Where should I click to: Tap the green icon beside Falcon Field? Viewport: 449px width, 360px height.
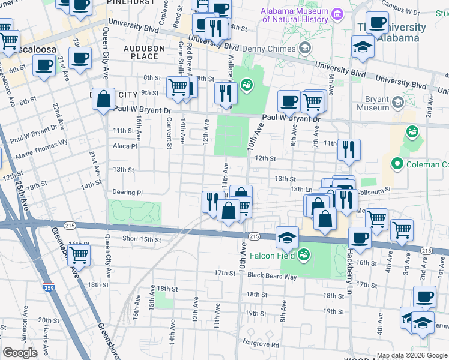click(x=304, y=254)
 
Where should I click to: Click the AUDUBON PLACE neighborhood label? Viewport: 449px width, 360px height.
click(x=141, y=52)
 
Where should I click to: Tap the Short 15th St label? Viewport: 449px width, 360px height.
click(x=142, y=239)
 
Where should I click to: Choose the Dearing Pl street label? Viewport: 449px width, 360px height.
click(x=127, y=193)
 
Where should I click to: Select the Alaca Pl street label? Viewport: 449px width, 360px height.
click(x=125, y=146)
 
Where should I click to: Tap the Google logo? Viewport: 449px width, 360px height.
click(x=20, y=352)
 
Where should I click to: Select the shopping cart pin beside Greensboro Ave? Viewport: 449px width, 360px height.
click(x=79, y=255)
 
